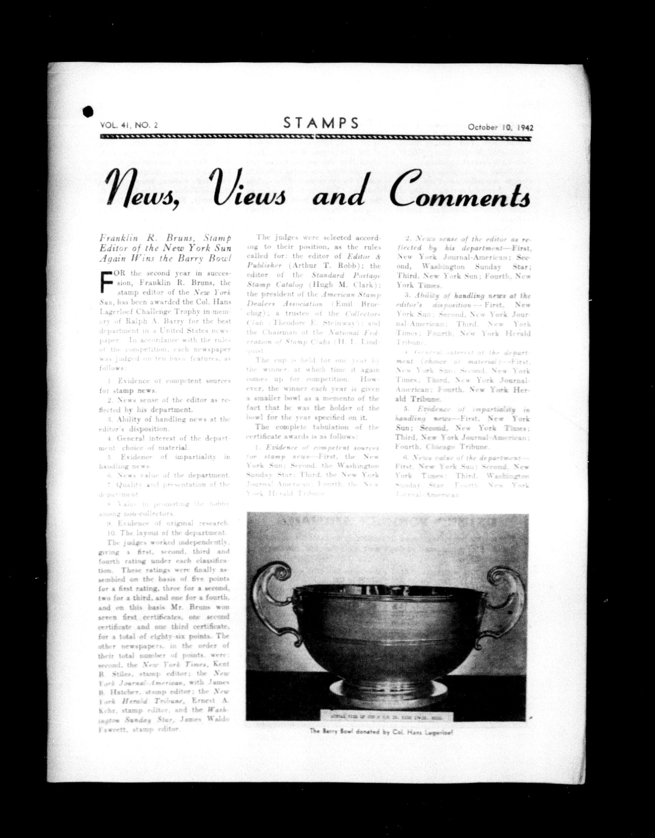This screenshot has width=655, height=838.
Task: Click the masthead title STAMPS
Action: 321,123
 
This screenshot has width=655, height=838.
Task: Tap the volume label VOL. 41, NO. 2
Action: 129,125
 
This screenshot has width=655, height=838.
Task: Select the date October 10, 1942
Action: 500,127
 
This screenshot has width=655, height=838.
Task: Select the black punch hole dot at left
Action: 88,111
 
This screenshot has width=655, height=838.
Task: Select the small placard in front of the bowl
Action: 386,717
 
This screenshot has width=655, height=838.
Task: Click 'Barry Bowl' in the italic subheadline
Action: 212,258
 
